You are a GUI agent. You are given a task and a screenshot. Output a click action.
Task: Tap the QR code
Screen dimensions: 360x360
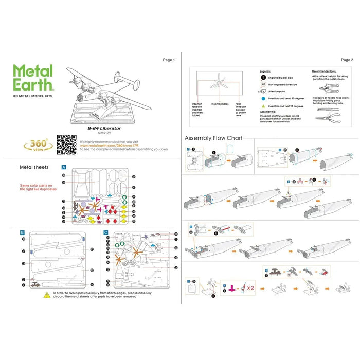[66, 145]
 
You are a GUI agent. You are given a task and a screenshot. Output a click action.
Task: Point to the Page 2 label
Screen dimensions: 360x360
[347, 60]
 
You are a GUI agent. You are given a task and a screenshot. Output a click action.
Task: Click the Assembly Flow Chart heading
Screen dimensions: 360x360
[213, 138]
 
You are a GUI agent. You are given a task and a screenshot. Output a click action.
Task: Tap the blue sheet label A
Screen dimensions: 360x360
[63, 167]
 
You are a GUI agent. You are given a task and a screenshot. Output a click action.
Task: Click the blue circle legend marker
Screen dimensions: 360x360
[263, 97]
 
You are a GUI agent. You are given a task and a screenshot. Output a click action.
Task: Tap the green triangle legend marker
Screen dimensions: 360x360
[263, 106]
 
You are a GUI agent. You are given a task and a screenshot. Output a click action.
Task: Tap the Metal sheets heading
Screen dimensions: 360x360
[34, 167]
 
